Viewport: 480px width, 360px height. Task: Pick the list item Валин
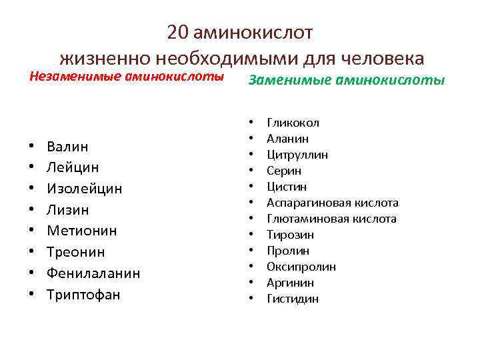point(68,146)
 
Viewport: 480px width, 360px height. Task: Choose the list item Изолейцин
point(85,189)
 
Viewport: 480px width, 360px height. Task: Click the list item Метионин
point(82,231)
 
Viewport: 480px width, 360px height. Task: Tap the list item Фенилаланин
point(93,273)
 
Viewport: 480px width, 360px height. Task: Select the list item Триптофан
point(83,295)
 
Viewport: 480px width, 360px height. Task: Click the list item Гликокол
point(293,123)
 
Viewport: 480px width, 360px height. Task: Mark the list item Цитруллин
point(297,155)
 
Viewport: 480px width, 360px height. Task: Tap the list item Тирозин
point(290,235)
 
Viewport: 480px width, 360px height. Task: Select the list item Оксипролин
point(301,267)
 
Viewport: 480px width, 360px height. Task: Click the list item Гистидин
point(293,299)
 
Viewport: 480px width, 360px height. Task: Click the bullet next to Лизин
point(32,211)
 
